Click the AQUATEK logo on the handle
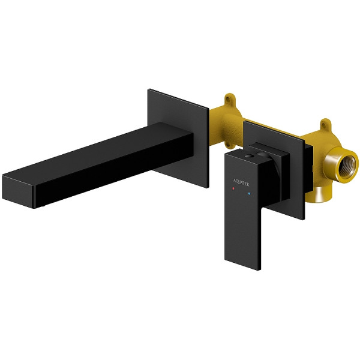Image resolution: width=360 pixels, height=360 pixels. (x=241, y=182)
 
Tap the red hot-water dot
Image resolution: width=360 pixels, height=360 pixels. (x=233, y=188)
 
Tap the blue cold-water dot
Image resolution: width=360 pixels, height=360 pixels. (x=250, y=194)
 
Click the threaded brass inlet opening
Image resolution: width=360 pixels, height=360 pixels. (x=347, y=166)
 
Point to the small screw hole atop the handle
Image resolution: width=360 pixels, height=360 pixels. (x=248, y=156)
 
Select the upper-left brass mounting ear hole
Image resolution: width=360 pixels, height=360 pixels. (x=227, y=100)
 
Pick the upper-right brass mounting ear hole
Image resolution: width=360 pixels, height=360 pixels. (x=324, y=125)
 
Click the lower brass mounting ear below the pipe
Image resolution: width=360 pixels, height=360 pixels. (x=228, y=144)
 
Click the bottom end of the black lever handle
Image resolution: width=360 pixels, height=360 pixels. (x=242, y=265)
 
